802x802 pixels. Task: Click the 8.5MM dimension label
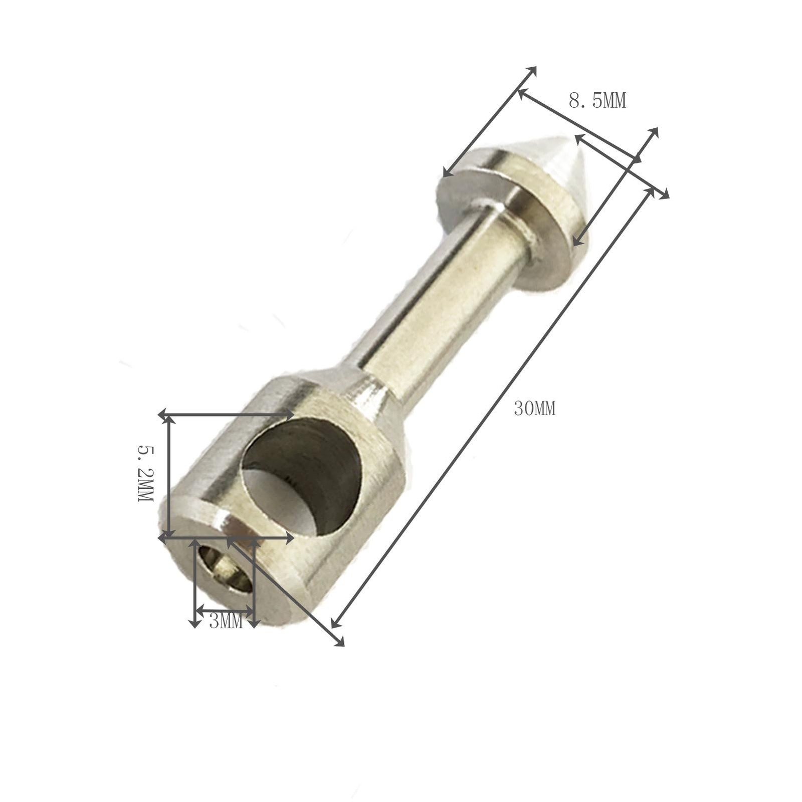pyautogui.click(x=597, y=101)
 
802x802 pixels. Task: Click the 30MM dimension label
pyautogui.click(x=534, y=409)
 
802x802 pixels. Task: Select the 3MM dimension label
pyautogui.click(x=226, y=622)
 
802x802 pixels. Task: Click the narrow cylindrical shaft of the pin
pyautogui.click(x=441, y=311)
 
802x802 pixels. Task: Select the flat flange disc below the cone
pyautogui.click(x=506, y=221)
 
